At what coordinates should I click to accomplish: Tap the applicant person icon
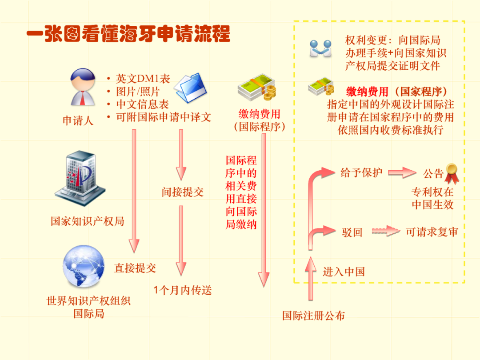(x=82, y=87)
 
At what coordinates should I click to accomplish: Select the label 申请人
(x=78, y=120)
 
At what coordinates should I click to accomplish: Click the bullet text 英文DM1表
(x=143, y=79)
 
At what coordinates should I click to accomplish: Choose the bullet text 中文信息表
(x=143, y=104)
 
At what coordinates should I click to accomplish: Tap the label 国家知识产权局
(x=87, y=221)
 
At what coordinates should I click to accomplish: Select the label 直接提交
(x=135, y=268)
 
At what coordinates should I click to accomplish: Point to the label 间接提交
(x=182, y=192)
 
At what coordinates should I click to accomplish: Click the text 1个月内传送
(x=182, y=291)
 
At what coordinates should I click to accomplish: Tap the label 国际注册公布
(x=313, y=316)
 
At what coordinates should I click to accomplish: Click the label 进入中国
(x=344, y=272)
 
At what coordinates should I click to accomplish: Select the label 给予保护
(x=361, y=172)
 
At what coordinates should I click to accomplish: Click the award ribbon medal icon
(x=452, y=173)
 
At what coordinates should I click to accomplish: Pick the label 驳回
(x=352, y=232)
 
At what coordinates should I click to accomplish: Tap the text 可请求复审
(x=432, y=232)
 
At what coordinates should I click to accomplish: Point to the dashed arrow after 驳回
(x=386, y=231)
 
